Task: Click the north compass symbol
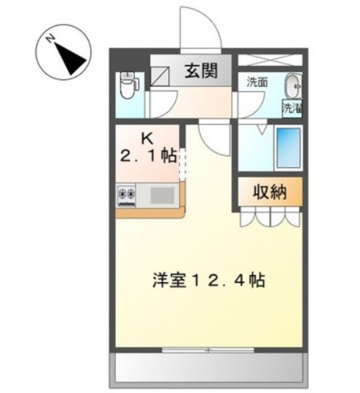(62, 55)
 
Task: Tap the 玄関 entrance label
(199, 71)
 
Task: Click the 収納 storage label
(270, 192)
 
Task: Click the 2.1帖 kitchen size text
(149, 155)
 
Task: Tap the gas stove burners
(127, 193)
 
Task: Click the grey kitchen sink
(163, 194)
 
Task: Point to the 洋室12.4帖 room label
(208, 281)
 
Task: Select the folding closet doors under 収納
(269, 217)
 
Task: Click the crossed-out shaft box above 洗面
(270, 59)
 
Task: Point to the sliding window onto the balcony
(208, 349)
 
